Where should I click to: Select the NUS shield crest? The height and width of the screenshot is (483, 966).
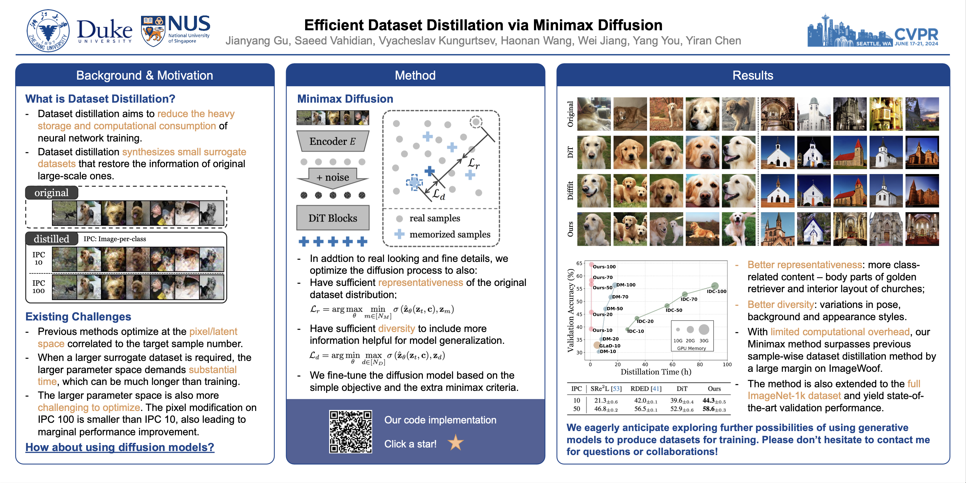tap(153, 31)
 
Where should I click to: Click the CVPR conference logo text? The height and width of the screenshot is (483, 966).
tap(916, 35)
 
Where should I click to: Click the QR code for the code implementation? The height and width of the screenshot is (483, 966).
tap(350, 431)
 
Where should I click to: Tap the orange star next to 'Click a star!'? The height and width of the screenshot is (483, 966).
tap(456, 443)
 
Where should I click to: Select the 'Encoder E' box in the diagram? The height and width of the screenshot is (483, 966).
tap(333, 141)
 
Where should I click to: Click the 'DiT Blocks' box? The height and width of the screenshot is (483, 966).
tap(333, 218)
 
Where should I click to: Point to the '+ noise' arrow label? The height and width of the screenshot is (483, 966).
tap(333, 177)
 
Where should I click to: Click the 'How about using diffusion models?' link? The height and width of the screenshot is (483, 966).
tap(120, 447)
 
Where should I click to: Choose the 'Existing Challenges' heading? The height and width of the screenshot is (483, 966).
tap(78, 317)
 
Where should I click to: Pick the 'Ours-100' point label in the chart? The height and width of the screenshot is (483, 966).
tap(604, 267)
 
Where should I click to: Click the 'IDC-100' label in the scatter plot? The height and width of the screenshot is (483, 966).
tap(716, 291)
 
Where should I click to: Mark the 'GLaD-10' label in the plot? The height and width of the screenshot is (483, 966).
tap(610, 346)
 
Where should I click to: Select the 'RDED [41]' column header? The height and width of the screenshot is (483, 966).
tap(646, 389)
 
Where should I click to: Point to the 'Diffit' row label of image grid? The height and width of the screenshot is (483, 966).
tap(570, 191)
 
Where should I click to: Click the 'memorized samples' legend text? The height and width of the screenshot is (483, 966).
tap(449, 234)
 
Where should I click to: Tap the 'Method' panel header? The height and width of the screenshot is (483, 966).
tap(415, 75)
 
